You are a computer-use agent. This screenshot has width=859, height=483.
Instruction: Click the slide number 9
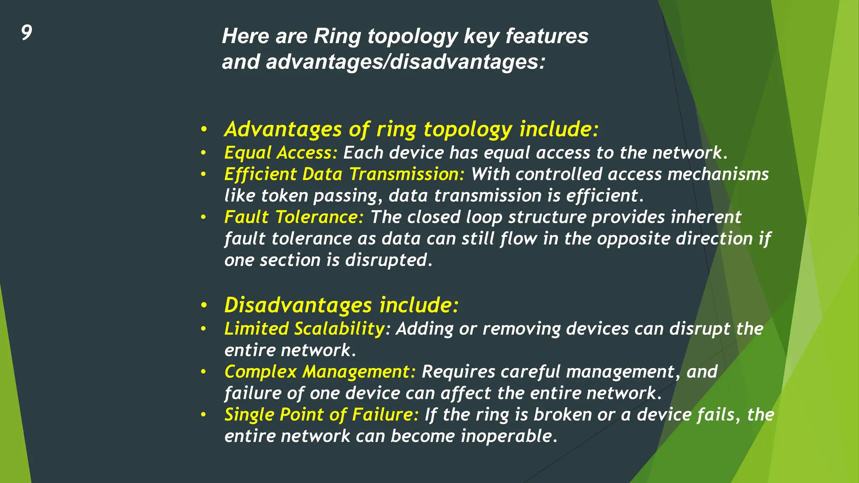[26, 33]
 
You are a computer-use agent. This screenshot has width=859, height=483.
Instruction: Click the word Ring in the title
[337, 36]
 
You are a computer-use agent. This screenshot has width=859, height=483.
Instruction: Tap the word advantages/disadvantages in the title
[405, 62]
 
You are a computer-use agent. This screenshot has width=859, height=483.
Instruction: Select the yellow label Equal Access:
[281, 153]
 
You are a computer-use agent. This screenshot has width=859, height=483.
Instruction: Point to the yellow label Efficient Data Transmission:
[344, 174]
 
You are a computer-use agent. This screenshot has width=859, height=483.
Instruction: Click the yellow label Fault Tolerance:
[294, 217]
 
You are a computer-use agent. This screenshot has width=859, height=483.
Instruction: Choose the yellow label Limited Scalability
[305, 329]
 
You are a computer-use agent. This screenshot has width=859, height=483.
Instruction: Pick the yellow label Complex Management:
[320, 372]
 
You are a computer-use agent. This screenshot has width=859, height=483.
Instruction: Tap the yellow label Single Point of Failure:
[321, 415]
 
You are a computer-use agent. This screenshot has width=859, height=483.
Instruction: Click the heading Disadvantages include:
[341, 305]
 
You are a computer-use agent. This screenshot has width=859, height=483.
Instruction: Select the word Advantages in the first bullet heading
[283, 129]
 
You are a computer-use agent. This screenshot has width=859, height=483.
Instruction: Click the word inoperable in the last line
[509, 436]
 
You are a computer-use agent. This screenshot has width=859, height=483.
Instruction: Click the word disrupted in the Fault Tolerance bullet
[388, 260]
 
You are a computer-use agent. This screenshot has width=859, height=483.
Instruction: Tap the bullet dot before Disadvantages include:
[203, 305]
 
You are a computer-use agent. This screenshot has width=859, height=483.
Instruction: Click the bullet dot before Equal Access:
[203, 153]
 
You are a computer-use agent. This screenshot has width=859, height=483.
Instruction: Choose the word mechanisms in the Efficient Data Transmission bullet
[718, 174]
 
